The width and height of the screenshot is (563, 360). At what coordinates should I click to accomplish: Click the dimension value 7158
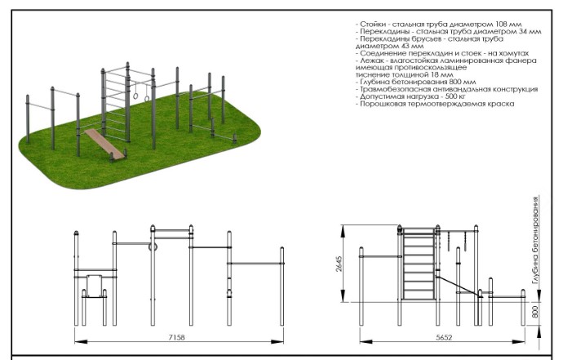[176, 337]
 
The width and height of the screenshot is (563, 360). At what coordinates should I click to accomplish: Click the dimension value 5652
[444, 337]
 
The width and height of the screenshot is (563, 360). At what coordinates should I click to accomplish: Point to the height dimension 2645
[339, 264]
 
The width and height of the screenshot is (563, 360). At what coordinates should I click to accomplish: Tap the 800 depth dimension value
[535, 312]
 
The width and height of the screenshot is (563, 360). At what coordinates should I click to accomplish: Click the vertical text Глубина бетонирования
[536, 240]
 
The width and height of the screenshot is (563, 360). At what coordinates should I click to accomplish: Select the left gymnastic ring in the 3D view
[135, 96]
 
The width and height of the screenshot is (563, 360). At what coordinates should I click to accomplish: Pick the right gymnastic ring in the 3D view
[147, 99]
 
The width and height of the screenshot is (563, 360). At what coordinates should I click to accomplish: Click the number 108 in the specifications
[501, 24]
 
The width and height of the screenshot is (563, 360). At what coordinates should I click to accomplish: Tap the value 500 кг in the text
[455, 96]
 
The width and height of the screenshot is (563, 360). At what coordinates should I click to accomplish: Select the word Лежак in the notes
[372, 60]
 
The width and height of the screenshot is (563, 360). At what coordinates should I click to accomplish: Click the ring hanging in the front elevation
[153, 247]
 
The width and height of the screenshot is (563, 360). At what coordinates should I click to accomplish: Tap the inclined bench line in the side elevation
[459, 287]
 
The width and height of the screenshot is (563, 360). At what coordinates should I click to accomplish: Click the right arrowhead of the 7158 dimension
[277, 342]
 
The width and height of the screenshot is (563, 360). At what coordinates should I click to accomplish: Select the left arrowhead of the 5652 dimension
[366, 342]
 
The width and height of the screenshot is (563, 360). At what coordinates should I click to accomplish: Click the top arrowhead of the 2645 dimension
[344, 231]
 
